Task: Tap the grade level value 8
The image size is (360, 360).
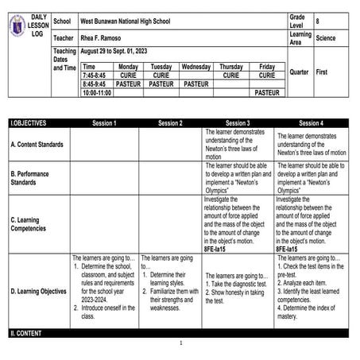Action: tap(318, 21)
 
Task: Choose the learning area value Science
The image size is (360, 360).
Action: tap(326, 37)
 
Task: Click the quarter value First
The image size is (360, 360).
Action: tap(323, 72)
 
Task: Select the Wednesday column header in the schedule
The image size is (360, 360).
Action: tap(195, 67)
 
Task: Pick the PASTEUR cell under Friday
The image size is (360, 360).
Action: tap(267, 92)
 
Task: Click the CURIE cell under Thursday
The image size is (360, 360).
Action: tap(230, 75)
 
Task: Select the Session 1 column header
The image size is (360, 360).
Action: tap(103, 123)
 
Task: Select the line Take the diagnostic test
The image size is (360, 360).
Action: tap(240, 284)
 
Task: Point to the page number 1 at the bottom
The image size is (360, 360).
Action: tap(180, 343)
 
